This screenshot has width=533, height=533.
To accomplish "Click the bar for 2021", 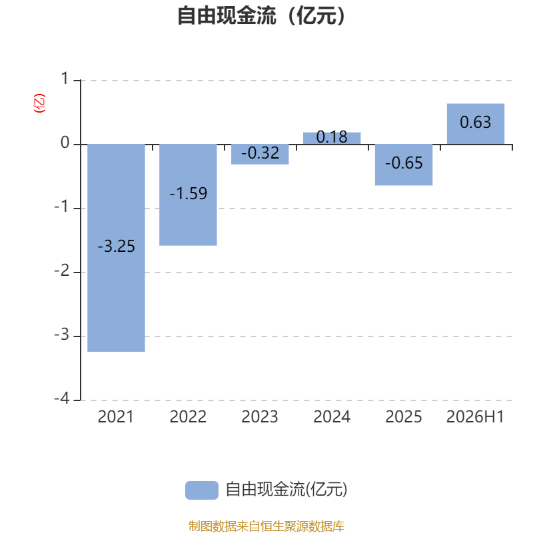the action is [x=116, y=248].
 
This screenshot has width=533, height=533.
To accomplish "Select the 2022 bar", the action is [x=188, y=195].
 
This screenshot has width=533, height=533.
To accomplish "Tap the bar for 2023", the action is [x=260, y=155].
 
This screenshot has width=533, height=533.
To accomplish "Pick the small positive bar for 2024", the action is [x=332, y=139].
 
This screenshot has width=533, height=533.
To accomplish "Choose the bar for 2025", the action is [x=404, y=165].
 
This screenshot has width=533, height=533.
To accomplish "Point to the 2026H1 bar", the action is [x=476, y=124].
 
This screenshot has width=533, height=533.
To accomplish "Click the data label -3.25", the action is [x=116, y=246].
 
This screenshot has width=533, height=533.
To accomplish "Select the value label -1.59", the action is [x=189, y=193].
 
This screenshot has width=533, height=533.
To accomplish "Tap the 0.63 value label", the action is [x=476, y=122].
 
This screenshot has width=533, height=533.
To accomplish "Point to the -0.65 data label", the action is [x=404, y=163].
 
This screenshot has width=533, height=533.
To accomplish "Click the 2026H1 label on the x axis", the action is [x=475, y=417].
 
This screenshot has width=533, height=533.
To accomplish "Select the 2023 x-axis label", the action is [x=260, y=417].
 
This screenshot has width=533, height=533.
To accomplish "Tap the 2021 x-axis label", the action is [x=116, y=417].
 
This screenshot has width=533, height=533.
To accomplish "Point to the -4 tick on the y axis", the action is [x=62, y=398].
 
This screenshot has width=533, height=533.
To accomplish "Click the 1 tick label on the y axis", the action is [x=65, y=79].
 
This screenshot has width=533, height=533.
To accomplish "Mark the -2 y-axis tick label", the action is [x=62, y=270].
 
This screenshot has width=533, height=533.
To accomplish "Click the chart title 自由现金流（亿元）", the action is [x=261, y=15].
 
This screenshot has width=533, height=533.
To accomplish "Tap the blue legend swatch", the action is [x=202, y=490].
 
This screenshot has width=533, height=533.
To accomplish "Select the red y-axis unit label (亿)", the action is [x=39, y=103].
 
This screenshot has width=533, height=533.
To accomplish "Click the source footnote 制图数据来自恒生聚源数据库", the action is [x=266, y=526].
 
